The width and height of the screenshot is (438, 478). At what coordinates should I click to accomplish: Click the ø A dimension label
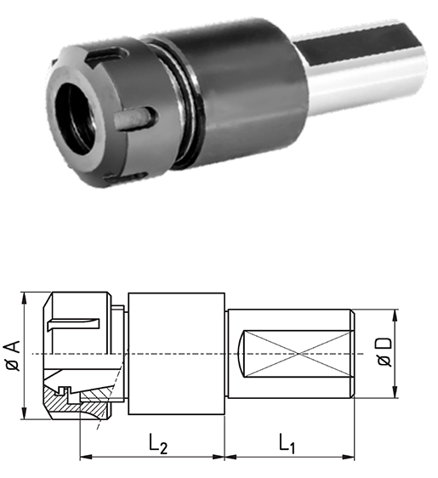13,356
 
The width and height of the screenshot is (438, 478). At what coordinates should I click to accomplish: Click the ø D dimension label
384,351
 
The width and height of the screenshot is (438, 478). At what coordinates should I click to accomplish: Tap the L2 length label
158,443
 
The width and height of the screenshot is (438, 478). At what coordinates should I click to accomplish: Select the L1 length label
287,443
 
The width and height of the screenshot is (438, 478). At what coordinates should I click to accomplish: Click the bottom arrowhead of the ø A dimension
24,413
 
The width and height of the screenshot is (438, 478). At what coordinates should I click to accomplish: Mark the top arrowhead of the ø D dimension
395,316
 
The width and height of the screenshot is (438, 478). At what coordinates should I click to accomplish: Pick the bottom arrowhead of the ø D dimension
395,391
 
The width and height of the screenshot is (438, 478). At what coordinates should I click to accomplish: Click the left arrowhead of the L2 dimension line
86,457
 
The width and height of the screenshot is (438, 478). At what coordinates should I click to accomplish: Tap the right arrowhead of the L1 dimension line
348,457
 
